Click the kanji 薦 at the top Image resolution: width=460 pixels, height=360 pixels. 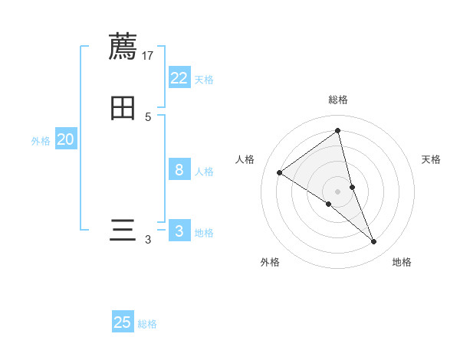[x=123, y=46]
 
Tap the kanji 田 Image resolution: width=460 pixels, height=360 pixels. [x=123, y=108]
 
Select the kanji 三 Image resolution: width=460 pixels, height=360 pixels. [x=123, y=231]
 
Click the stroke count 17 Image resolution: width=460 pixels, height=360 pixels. [x=148, y=55]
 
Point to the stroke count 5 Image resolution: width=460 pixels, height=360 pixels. [x=148, y=117]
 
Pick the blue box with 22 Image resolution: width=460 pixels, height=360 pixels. [x=179, y=78]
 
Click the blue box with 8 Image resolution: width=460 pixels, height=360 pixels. [x=179, y=170]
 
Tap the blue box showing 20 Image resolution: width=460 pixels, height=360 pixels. [x=66, y=139]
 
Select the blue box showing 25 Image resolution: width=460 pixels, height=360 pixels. [x=123, y=322]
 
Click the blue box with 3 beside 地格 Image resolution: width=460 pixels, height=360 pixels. [x=179, y=231]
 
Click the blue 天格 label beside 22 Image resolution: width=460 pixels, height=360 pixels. [x=204, y=80]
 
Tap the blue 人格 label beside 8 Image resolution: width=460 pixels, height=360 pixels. [x=204, y=172]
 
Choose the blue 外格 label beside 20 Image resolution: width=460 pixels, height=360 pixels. [x=41, y=141]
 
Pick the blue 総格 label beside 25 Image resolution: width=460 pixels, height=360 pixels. [x=147, y=324]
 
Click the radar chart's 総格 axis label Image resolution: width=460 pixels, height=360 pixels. [x=338, y=100]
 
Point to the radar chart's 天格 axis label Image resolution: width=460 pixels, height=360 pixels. [x=432, y=159]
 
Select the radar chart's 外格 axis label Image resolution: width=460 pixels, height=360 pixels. [x=270, y=262]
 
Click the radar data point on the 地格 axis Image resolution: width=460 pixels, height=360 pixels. [x=374, y=242]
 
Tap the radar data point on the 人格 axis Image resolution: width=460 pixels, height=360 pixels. [x=279, y=172]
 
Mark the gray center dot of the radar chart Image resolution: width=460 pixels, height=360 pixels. [x=338, y=191]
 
